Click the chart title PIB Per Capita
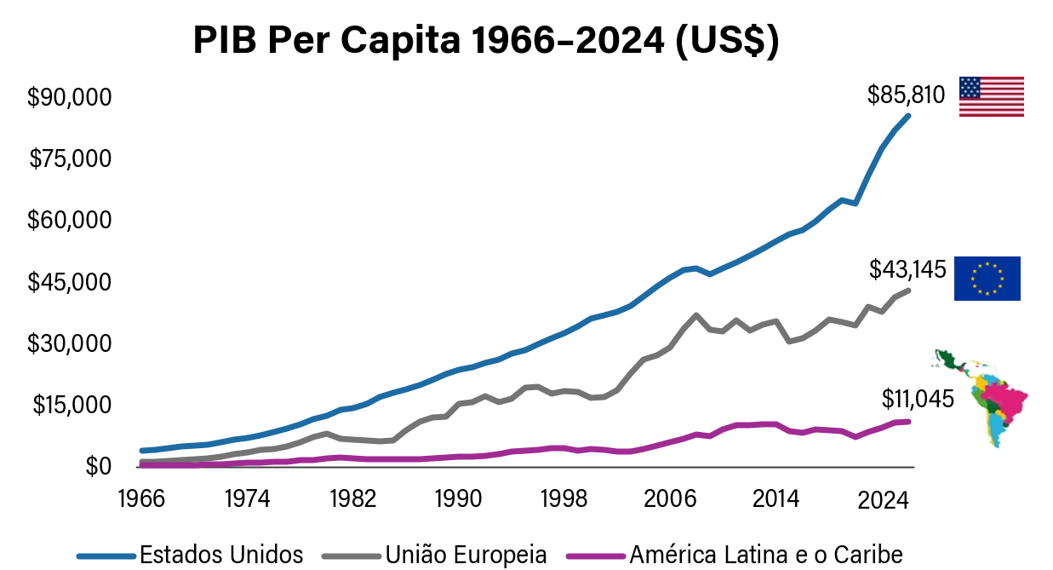[x=485, y=40]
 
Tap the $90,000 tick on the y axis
[x=70, y=97]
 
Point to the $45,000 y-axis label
[x=70, y=282]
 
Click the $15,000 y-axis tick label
[x=72, y=405]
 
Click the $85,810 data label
[x=906, y=95]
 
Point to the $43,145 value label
[x=907, y=270]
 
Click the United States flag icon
[x=991, y=96]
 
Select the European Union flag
[x=987, y=278]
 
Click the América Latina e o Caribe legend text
[x=765, y=555]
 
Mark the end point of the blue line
[x=908, y=116]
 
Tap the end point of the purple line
[x=908, y=422]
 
